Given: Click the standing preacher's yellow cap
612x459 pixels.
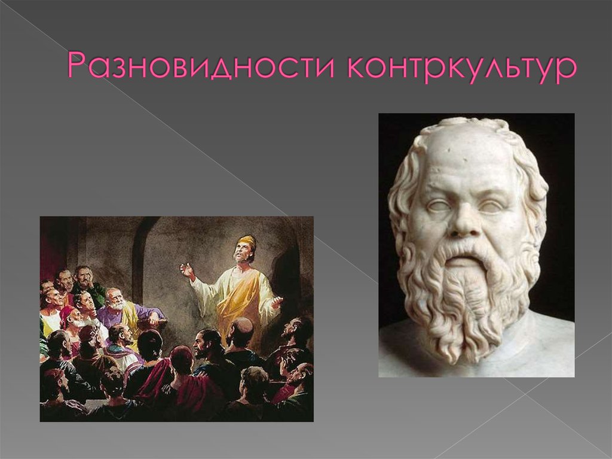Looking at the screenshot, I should pos(246,241).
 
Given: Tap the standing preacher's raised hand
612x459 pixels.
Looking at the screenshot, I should pos(187,270).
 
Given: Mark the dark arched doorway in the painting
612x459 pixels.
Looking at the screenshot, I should pos(149,257).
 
